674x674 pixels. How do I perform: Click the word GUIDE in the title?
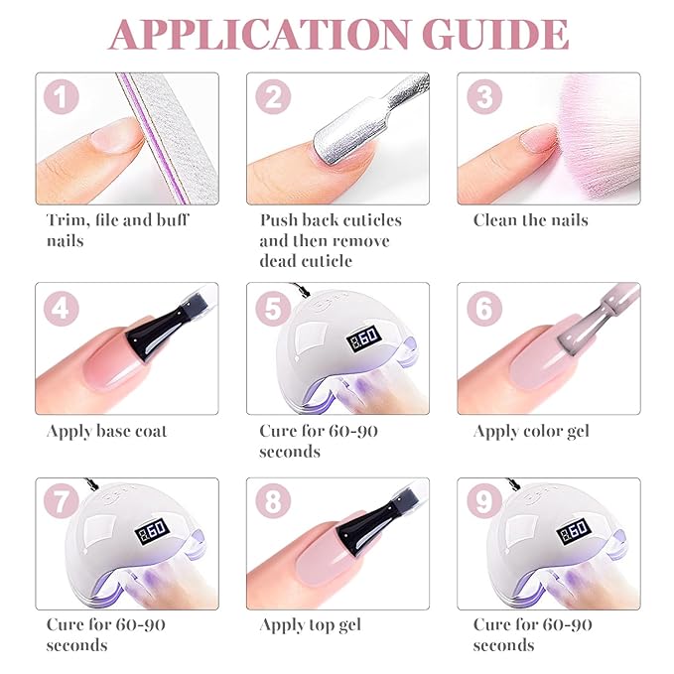pyautogui.click(x=495, y=35)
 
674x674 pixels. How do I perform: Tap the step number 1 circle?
pyautogui.click(x=62, y=96)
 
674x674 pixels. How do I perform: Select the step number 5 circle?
pyautogui.click(x=273, y=309)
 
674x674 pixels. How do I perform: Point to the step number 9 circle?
pyautogui.click(x=484, y=501)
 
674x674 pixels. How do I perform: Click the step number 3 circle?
pyautogui.click(x=484, y=96)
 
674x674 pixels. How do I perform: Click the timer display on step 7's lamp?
pyautogui.click(x=152, y=532)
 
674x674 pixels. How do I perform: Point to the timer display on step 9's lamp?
pyautogui.click(x=575, y=532)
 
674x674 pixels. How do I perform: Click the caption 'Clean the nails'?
pyautogui.click(x=531, y=220)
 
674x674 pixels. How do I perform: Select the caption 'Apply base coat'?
pyautogui.click(x=106, y=432)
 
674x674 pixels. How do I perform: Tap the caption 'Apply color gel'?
pyautogui.click(x=531, y=432)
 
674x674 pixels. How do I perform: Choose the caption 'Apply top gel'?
pyautogui.click(x=311, y=625)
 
